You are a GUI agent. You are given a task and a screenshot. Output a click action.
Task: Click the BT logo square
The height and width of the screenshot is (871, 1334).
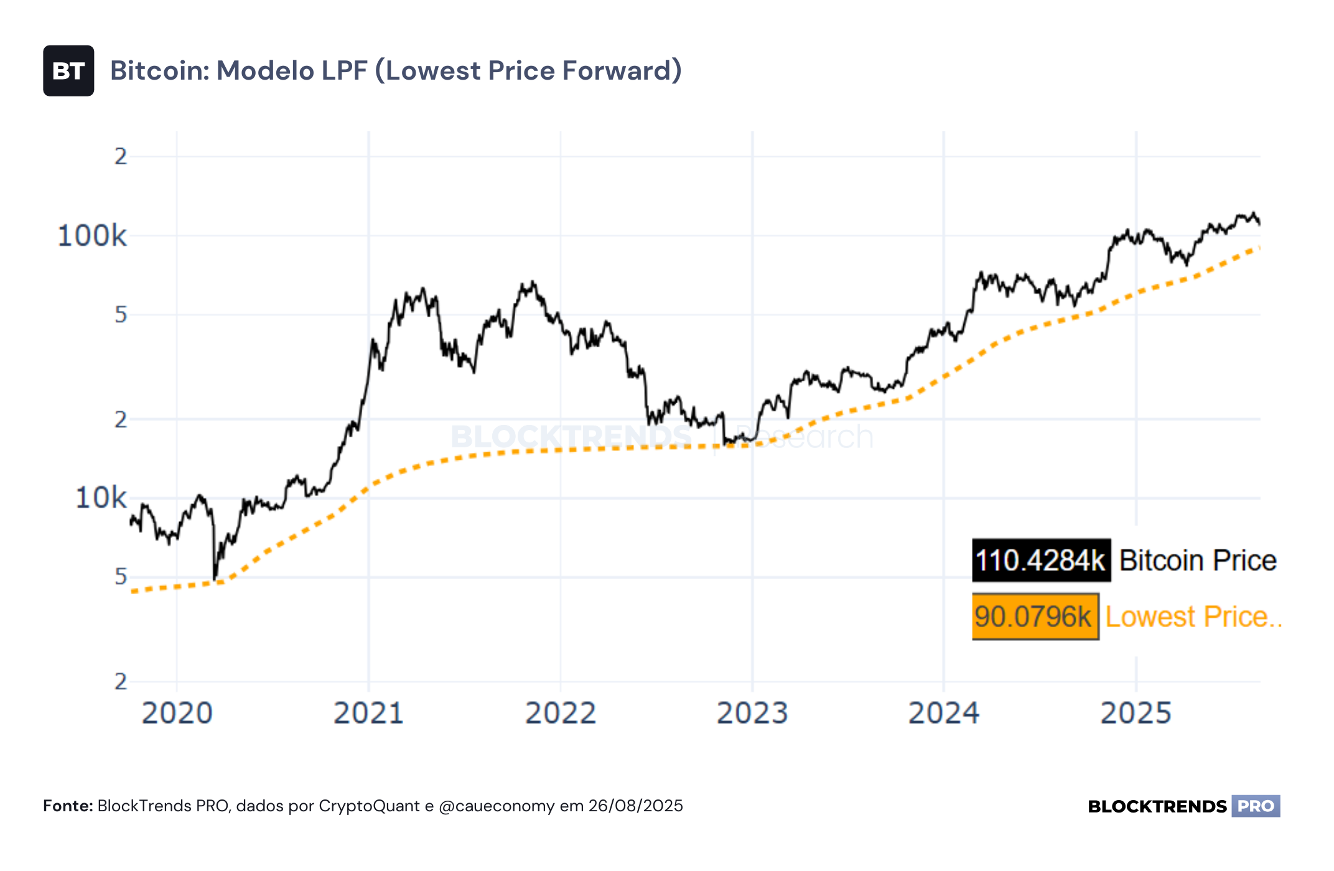[68, 71]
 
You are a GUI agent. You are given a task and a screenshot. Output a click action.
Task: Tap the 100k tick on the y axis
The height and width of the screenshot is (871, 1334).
[92, 236]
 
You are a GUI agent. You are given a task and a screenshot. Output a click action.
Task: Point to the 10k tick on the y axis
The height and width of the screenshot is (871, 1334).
[101, 498]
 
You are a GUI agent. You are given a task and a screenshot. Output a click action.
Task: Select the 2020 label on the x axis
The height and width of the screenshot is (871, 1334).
[177, 713]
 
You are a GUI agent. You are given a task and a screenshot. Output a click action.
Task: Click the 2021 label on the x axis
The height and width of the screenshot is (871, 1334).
[369, 713]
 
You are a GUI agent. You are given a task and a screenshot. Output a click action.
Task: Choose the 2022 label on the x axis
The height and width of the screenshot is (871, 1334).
[561, 713]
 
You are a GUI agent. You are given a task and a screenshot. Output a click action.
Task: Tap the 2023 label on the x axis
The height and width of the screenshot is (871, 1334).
[752, 713]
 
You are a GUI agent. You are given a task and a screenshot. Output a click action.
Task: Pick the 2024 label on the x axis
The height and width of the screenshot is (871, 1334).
[944, 713]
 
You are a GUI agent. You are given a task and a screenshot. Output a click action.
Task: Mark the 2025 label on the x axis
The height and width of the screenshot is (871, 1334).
[1136, 713]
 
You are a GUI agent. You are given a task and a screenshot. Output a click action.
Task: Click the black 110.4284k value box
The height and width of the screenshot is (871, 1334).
[1042, 561]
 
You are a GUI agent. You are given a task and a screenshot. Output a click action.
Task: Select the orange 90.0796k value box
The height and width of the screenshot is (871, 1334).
[1035, 617]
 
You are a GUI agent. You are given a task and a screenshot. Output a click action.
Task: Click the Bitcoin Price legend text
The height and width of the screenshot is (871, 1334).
[1198, 561]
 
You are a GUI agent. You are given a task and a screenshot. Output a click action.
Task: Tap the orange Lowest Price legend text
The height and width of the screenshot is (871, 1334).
[1193, 617]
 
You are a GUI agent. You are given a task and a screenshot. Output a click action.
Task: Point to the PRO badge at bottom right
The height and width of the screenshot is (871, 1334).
[1256, 806]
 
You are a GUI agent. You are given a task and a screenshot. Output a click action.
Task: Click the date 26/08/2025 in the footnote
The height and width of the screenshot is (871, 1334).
[636, 806]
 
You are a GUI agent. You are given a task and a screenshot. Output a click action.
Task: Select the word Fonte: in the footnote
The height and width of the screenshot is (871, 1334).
[68, 806]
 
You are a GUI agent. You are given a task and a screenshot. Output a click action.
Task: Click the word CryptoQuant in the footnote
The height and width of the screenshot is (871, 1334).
[370, 807]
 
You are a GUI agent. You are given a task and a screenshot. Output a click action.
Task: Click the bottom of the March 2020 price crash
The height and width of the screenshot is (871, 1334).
[215, 580]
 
